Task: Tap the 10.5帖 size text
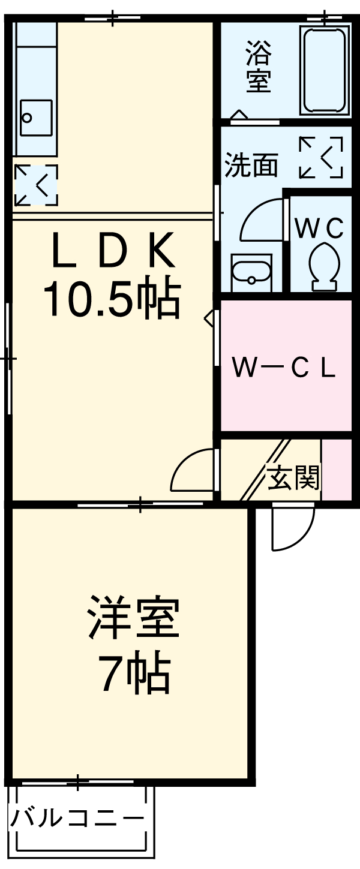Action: (112, 299)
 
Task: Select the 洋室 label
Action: (133, 618)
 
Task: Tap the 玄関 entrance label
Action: (293, 477)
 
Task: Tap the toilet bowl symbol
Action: (325, 264)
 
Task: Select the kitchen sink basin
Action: (36, 118)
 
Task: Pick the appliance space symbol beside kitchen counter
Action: (36, 185)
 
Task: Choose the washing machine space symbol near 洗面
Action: (321, 158)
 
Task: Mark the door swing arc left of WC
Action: (261, 222)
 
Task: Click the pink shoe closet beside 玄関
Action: (337, 470)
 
